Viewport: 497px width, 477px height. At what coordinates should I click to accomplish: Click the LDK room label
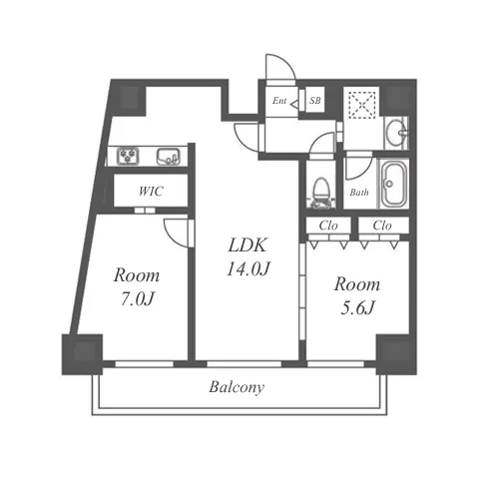pos(248,245)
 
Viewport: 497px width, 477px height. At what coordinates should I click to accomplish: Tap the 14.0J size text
pos(248,268)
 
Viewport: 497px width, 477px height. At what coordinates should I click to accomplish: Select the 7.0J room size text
pos(137,299)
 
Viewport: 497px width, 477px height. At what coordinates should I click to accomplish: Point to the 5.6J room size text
pos(357,308)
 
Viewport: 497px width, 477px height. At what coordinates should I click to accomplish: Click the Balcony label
pos(237,387)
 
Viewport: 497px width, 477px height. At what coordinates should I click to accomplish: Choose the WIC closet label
pos(151,192)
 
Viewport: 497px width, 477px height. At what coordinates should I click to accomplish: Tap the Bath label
pos(359,193)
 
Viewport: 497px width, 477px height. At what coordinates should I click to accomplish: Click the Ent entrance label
pos(279,101)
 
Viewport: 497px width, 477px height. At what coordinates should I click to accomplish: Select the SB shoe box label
pos(314,100)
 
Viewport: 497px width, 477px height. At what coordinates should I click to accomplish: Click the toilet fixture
pos(320,194)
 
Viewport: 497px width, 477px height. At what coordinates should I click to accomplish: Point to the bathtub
pos(394,184)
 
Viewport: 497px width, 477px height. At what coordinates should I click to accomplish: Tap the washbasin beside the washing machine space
pos(396,133)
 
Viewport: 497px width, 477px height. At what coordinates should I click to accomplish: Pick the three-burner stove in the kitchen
pos(128,156)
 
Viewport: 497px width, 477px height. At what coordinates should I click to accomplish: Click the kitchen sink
pos(169,157)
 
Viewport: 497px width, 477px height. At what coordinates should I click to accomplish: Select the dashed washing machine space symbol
pos(361,103)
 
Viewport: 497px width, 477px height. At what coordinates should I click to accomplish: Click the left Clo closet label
pos(328,226)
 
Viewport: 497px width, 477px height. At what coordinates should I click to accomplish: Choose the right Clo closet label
pos(382,226)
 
